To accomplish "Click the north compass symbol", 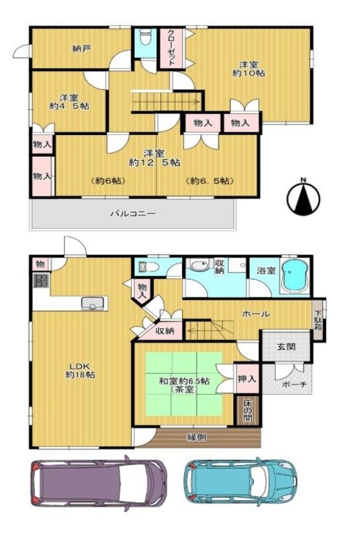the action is [303, 197].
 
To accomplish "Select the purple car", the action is [98, 483].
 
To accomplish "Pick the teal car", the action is [241, 482].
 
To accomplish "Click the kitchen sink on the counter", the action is [92, 303].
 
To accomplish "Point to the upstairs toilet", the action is [145, 36].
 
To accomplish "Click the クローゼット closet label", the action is [171, 48].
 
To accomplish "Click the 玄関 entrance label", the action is [286, 347].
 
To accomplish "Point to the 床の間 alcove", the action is [248, 410].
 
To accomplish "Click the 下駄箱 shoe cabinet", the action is [318, 321].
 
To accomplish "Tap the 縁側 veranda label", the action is [196, 437].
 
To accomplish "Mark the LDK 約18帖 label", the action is [80, 370].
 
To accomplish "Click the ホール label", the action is [256, 314].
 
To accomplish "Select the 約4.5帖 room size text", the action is [69, 106].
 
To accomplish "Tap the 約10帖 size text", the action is [249, 73].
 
